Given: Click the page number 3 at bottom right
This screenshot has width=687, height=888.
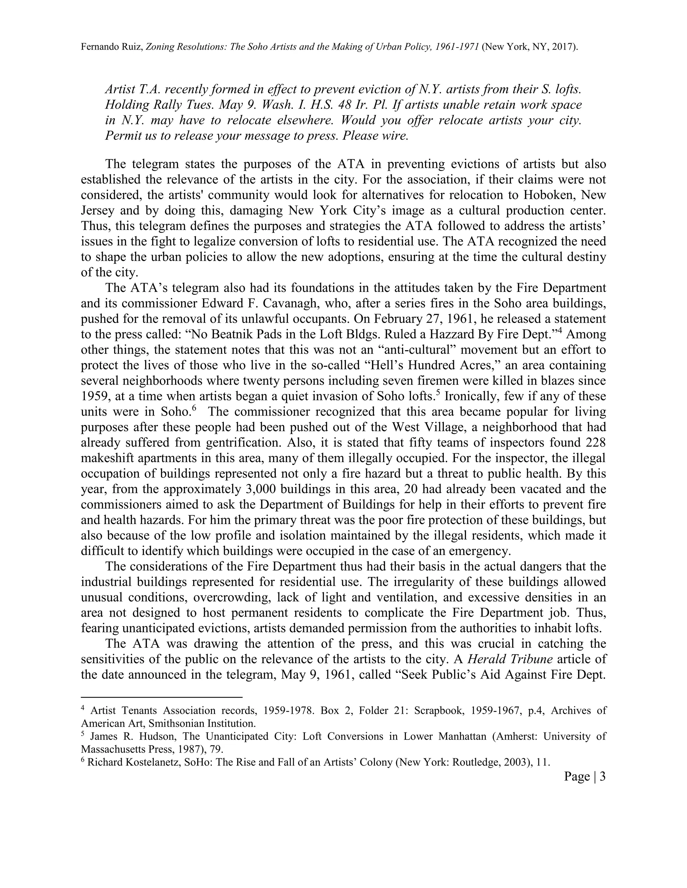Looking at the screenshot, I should (602, 777).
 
